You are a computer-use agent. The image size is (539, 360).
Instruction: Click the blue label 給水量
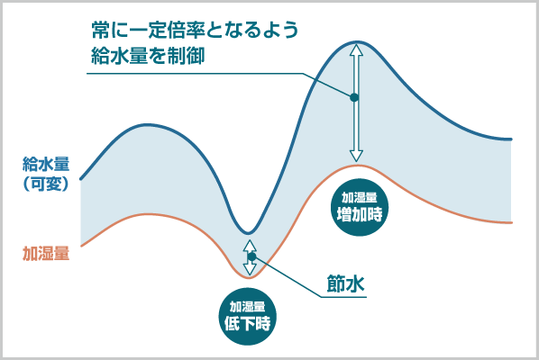click(46, 164)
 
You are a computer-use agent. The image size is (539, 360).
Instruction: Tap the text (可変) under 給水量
click(46, 184)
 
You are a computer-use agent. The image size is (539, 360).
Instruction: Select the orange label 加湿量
click(46, 253)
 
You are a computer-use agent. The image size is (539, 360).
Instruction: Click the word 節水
click(345, 283)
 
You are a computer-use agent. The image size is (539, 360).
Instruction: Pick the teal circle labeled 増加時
click(360, 207)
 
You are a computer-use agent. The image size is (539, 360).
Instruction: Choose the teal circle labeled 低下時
click(248, 316)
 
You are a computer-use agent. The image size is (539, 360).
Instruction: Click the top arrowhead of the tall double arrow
click(356, 50)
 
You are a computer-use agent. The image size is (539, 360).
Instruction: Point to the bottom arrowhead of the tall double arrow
click(356, 155)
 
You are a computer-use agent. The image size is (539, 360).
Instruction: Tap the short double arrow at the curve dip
click(250, 257)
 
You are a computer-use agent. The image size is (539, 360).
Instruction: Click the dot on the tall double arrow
click(354, 97)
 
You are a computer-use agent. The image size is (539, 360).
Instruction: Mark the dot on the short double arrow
click(252, 256)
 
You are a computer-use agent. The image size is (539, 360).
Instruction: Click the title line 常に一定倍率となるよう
click(195, 30)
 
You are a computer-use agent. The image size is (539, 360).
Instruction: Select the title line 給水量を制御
click(148, 56)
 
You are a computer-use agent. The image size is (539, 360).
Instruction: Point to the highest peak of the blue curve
click(357, 42)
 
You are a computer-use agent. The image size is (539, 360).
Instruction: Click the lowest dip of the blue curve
click(248, 233)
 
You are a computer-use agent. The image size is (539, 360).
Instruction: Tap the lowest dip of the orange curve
click(249, 277)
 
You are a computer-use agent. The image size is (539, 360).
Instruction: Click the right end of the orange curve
click(511, 222)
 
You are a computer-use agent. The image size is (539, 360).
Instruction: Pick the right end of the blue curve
click(511, 139)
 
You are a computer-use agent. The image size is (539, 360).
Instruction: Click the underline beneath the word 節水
click(343, 297)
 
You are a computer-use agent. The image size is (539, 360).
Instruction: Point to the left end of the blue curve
click(81, 178)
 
